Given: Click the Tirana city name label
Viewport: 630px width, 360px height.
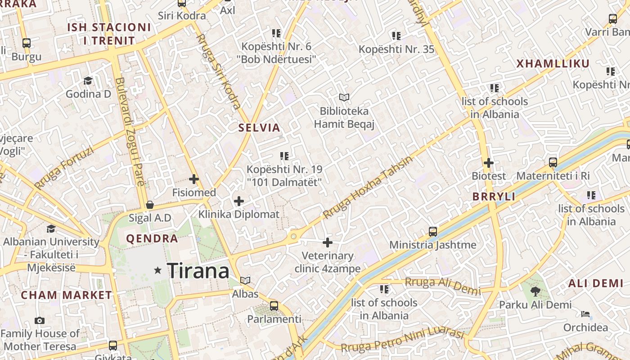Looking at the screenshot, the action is coord(198,271).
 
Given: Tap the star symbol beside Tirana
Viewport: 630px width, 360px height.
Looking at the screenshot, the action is coord(157,270).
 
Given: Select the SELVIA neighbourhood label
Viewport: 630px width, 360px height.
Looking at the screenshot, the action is coord(259,127).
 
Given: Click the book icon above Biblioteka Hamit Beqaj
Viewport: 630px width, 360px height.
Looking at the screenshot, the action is coord(344,97).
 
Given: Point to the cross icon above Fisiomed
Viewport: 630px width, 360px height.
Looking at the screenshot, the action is coord(194,179).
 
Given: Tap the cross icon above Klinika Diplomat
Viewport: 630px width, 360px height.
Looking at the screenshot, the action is coord(239,201).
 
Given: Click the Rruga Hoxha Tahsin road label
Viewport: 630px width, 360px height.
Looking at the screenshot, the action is coord(367,188).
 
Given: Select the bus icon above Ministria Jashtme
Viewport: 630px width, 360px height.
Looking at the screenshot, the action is coord(433,232).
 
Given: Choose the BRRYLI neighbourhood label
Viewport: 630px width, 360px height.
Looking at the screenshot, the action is coord(494,197).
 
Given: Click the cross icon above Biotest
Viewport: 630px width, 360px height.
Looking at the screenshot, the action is coord(489,162).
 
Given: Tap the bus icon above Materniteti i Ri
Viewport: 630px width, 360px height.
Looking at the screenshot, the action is coord(553,162).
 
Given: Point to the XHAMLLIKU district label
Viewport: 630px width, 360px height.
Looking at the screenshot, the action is coord(553,64).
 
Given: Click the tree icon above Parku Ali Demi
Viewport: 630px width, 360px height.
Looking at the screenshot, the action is coord(535,292).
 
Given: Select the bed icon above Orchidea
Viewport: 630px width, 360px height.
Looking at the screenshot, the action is coord(585,314).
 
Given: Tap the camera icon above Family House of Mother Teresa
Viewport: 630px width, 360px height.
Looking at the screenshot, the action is coord(40,321).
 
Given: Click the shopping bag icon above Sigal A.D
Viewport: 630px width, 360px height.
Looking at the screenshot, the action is coord(150,205).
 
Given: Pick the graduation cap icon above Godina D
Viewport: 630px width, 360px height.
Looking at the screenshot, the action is coord(88,81).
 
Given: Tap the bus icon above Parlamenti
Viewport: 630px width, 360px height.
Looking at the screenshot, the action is coord(274,306).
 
